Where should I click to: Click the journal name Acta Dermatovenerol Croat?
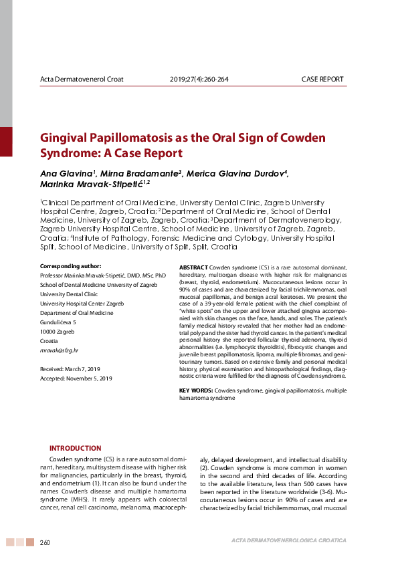82,80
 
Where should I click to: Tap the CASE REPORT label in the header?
322,80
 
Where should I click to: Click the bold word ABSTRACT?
194,267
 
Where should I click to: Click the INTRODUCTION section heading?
76,448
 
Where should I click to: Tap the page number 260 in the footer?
45,542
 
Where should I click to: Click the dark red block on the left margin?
6,142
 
